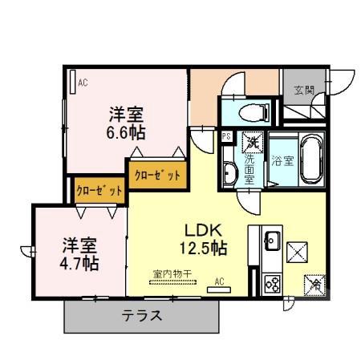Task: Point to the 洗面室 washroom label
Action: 249,169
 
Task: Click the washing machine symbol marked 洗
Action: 252,141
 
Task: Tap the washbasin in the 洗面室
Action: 229,172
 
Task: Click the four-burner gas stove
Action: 271,284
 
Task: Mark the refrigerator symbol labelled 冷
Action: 315,284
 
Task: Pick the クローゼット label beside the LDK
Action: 157,174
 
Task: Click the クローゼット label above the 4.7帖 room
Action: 99,192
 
